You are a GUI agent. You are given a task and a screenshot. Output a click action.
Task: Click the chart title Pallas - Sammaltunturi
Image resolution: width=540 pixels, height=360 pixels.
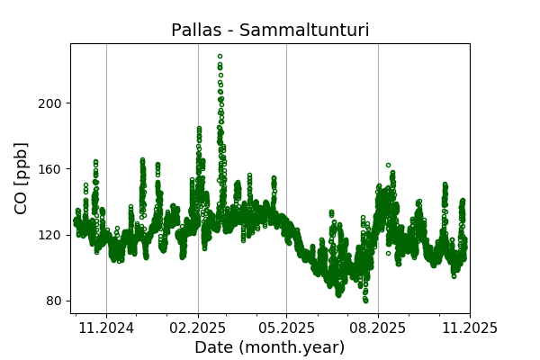point(270,31)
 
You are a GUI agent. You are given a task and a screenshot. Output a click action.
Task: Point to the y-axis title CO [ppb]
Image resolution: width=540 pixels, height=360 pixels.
point(22,178)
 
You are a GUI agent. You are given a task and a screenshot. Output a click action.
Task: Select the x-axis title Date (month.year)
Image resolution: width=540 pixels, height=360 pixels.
point(270,347)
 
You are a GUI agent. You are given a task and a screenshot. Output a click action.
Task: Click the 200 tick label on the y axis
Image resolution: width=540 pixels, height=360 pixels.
point(50,103)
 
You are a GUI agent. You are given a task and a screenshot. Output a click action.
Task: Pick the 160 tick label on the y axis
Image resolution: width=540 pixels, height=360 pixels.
point(50,168)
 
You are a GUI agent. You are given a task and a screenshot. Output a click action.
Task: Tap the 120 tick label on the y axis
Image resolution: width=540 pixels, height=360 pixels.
point(50,235)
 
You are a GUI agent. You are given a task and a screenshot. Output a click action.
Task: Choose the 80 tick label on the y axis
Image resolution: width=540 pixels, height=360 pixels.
point(54,301)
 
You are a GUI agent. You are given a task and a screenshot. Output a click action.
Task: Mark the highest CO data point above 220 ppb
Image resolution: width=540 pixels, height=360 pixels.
point(220,56)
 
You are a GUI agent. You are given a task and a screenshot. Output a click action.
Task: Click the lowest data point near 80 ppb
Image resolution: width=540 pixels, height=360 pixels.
point(365,301)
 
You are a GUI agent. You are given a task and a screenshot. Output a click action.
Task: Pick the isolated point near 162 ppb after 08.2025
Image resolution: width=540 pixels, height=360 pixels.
point(388,166)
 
